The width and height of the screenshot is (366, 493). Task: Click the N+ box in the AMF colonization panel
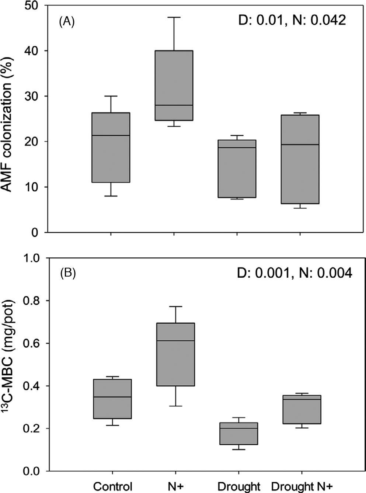click(x=174, y=85)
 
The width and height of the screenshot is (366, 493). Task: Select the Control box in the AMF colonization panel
click(x=111, y=147)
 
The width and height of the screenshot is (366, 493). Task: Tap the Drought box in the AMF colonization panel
click(x=237, y=169)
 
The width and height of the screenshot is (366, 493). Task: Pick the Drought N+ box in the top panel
click(x=300, y=159)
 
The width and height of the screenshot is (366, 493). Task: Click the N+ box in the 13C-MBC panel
click(x=176, y=354)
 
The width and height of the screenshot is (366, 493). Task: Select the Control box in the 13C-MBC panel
click(x=113, y=399)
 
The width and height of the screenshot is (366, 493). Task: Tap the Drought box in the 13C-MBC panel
click(x=239, y=434)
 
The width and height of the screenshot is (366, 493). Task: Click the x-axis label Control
click(x=113, y=486)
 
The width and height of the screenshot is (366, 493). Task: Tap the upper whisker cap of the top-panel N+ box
click(x=174, y=17)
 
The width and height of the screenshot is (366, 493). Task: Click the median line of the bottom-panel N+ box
click(x=176, y=341)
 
